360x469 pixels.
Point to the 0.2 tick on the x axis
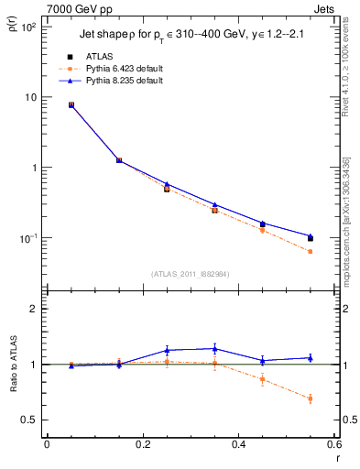pyautogui.click(x=142, y=444)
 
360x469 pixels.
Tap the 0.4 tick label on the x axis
pyautogui.click(x=238, y=444)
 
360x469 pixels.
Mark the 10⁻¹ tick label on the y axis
pyautogui.click(x=28, y=238)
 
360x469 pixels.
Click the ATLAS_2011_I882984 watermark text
pyautogui.click(x=191, y=273)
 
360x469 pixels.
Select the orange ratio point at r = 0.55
pyautogui.click(x=310, y=398)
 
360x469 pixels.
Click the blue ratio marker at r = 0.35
pyautogui.click(x=214, y=348)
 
